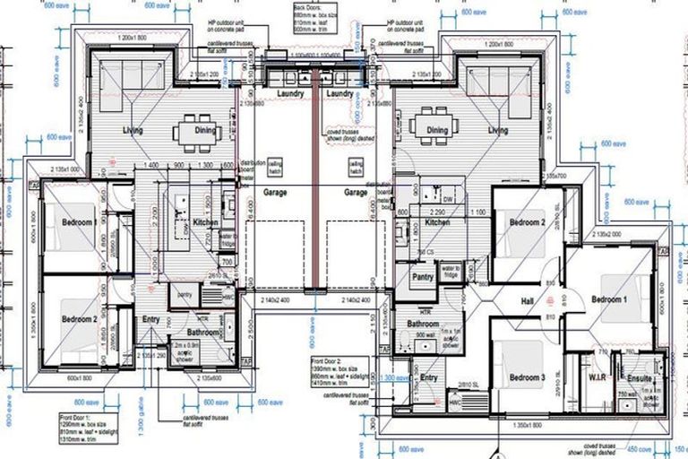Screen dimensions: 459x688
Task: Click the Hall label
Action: (526, 303)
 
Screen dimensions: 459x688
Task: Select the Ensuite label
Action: (640, 379)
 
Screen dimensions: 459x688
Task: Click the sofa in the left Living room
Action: (130, 79)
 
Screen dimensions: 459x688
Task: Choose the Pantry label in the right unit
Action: (423, 278)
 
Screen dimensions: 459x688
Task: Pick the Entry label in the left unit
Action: (150, 318)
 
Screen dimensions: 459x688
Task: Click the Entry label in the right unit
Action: (429, 378)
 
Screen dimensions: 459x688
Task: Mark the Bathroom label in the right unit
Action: (423, 324)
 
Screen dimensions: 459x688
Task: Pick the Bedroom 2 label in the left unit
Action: (79, 319)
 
